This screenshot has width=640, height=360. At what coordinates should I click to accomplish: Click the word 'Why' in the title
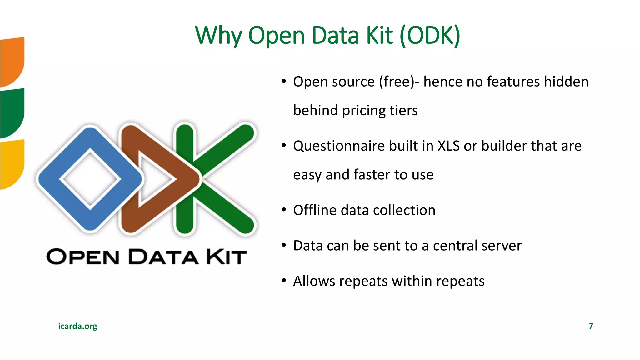click(x=218, y=36)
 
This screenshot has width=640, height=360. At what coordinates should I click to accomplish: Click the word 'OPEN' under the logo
click(x=83, y=257)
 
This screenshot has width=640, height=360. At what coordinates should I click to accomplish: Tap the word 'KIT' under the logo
click(x=226, y=257)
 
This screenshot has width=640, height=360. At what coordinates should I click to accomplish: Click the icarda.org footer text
click(x=77, y=326)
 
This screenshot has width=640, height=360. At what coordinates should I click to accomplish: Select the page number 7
click(x=591, y=326)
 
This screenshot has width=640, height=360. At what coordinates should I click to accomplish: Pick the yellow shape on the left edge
click(x=12, y=164)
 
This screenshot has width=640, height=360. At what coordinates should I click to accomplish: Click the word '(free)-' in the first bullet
click(x=399, y=82)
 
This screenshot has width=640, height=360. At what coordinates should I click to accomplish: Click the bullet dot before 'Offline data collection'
click(x=284, y=210)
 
